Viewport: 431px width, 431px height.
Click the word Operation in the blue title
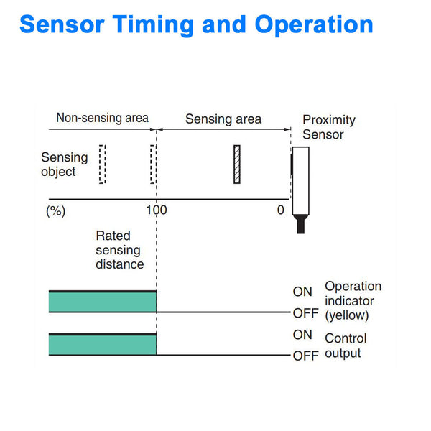tap(314, 24)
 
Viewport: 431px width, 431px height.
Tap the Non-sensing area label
tap(102, 118)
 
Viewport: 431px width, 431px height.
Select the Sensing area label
tap(223, 119)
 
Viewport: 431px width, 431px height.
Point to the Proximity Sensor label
tap(329, 127)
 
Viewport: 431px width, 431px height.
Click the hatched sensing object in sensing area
tap(236, 164)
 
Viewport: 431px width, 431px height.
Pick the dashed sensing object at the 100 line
tap(153, 164)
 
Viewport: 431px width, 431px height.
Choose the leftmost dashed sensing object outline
tap(102, 164)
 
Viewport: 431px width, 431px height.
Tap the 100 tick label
tap(155, 210)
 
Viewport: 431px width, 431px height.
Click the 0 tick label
tap(280, 210)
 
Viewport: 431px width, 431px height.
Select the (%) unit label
tap(56, 210)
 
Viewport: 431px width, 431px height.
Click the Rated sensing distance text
tap(119, 250)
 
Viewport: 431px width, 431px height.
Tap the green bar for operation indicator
tap(102, 301)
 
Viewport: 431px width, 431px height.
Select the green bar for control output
tap(102, 345)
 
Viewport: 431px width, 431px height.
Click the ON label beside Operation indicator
tap(302, 292)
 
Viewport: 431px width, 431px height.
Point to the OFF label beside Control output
tap(305, 356)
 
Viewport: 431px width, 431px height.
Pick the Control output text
tap(346, 346)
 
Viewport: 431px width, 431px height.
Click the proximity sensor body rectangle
tap(300, 180)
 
